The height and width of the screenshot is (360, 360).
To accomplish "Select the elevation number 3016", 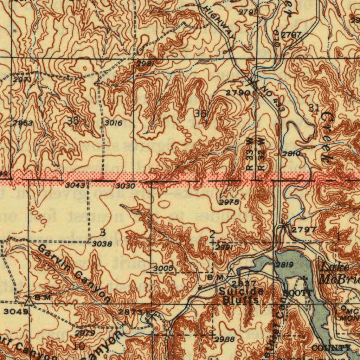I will click(114, 123).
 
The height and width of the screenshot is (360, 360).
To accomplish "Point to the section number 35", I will click(73, 121).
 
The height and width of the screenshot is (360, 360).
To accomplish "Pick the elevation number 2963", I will click(23, 123).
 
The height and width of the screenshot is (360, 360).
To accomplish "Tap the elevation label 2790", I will click(238, 93).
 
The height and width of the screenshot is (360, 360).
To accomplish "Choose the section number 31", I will click(314, 108).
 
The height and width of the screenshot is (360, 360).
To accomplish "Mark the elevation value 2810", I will click(291, 154).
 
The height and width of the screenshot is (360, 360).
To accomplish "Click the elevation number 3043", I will click(75, 185).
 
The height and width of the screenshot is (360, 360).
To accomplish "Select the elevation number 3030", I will click(126, 186).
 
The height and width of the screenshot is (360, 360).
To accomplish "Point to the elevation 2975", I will click(229, 202).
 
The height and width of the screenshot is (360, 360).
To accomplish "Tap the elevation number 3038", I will click(102, 243).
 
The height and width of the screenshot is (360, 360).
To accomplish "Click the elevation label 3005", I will click(163, 269).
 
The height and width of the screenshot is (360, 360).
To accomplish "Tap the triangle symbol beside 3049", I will click(28, 301).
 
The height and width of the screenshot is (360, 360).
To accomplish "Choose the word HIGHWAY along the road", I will click(220, 22).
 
